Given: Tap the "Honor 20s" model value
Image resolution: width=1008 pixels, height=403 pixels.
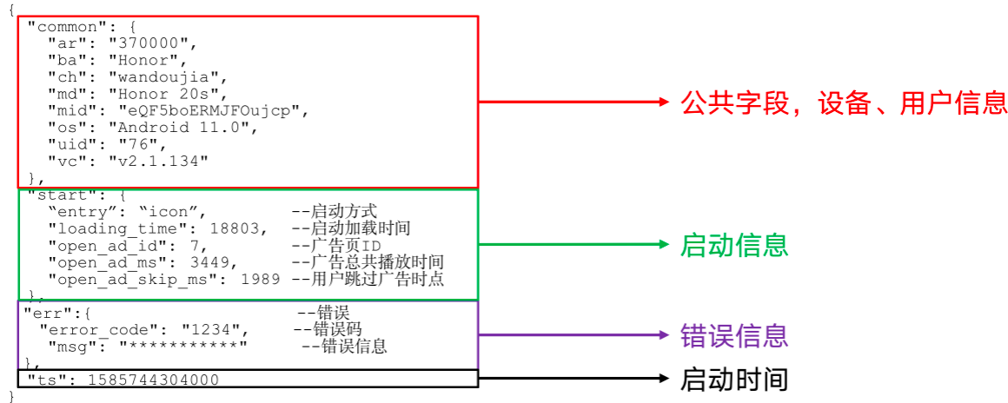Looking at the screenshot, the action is click(167, 94).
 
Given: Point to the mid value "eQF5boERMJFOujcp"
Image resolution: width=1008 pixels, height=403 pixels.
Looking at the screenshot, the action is click(214, 111).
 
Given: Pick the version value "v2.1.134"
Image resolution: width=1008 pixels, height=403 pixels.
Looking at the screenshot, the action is click(158, 162).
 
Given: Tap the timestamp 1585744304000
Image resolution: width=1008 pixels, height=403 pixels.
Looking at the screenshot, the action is click(152, 380).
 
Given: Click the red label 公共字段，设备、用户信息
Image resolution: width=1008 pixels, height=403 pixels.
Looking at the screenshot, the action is click(844, 103).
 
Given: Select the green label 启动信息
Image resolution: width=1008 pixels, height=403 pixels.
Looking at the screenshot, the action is click(734, 245).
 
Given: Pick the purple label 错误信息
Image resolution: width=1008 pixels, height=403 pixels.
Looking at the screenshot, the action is click(734, 335).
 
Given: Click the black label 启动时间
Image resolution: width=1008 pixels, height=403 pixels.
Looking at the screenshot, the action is click(734, 380).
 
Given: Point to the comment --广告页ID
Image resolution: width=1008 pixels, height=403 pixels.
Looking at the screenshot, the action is click(335, 246).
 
